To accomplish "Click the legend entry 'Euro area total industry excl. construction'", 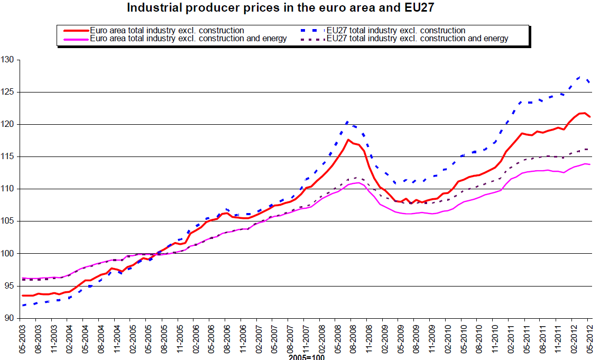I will (167, 30).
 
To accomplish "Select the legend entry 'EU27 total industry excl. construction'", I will (396, 30).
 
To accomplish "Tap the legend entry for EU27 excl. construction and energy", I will (418, 38).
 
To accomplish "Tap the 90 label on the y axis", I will (9, 318).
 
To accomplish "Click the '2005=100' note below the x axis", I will (306, 357).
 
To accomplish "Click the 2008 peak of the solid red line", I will (348, 140).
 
